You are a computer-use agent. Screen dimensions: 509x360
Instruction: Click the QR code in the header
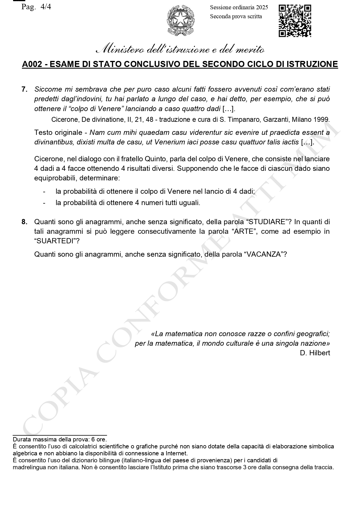295,21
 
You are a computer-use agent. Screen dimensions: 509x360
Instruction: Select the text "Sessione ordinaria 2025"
239,8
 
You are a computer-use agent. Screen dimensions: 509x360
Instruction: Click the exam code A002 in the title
32,64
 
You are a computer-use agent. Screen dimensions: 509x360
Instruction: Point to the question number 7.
24,89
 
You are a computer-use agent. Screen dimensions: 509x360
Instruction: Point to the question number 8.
24,222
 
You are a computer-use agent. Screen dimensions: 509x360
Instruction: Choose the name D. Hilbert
315,353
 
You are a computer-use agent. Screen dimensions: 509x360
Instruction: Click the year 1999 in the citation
323,119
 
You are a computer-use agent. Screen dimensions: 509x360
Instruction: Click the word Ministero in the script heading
120,50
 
